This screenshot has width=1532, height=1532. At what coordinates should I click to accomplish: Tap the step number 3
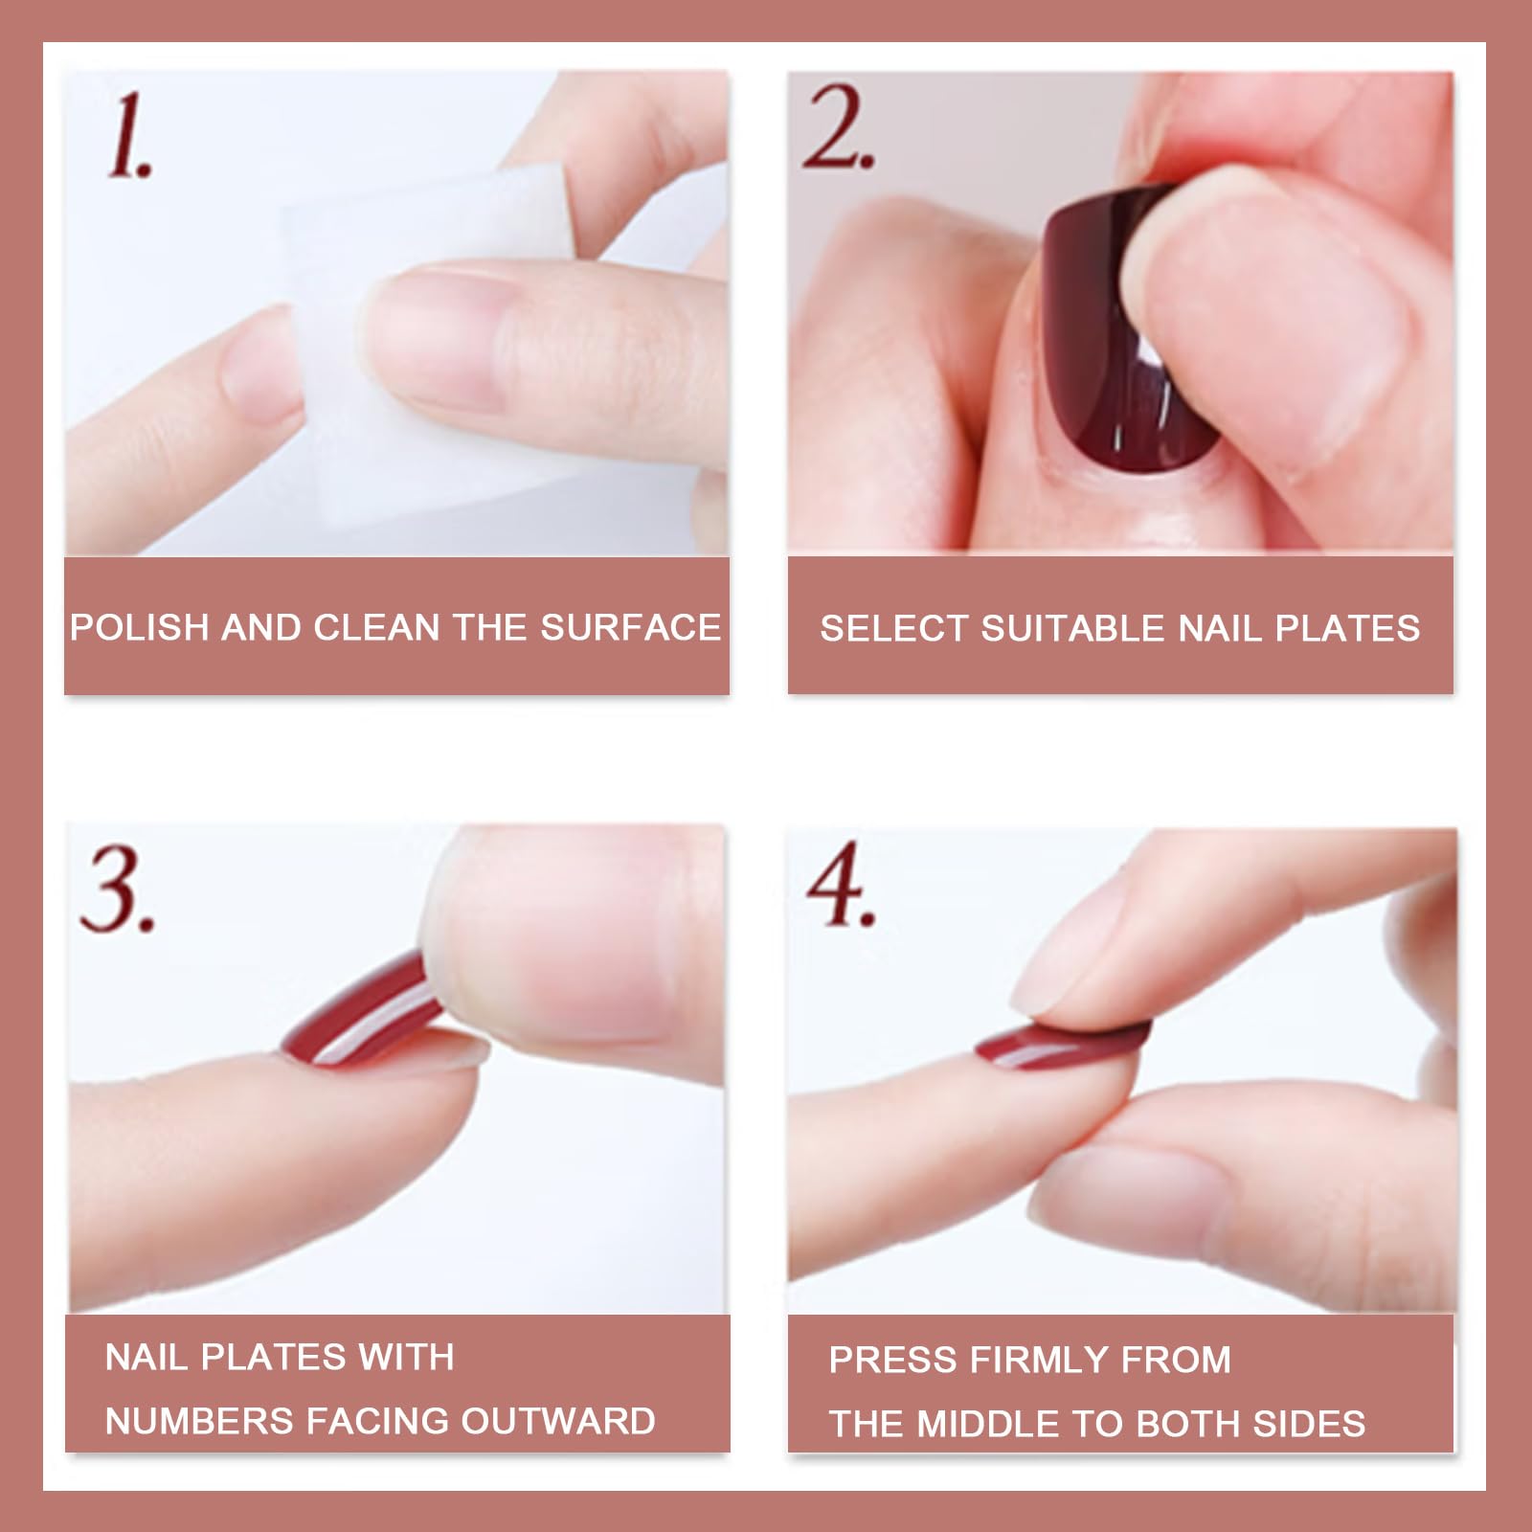pyautogui.click(x=117, y=891)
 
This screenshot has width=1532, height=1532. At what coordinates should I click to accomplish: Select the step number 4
pyautogui.click(x=840, y=885)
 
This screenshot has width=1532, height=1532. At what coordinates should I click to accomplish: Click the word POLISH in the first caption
pyautogui.click(x=139, y=628)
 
